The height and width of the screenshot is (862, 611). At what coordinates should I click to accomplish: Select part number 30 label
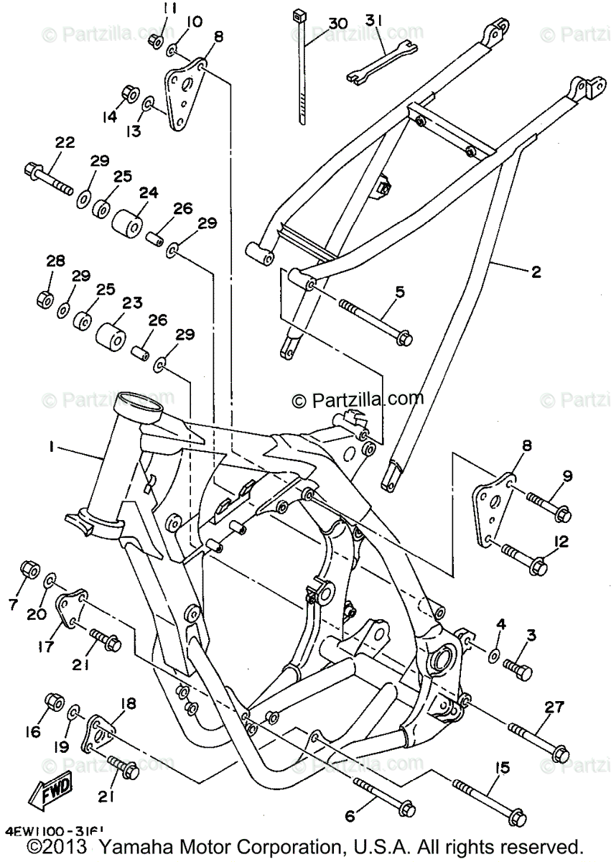pos(337,24)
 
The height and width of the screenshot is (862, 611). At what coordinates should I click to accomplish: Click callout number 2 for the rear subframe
pos(536,272)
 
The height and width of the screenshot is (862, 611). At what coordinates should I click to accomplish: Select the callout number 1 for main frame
pos(52,447)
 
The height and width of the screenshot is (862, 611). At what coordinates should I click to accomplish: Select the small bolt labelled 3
pos(518,669)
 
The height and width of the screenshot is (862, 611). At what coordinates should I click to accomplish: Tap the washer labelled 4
pos(495,655)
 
